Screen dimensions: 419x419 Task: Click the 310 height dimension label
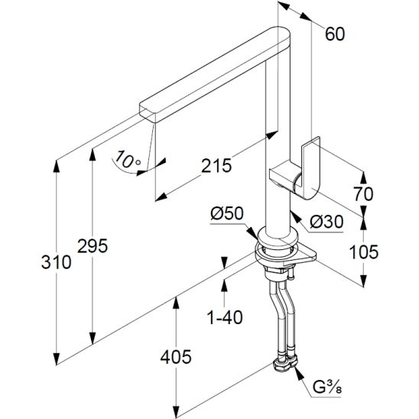(x=57, y=261)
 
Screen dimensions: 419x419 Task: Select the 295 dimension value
(x=93, y=246)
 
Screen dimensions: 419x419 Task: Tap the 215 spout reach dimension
(x=216, y=166)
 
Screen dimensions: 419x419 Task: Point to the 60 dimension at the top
(x=335, y=34)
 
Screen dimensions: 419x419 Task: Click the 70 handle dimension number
(x=363, y=193)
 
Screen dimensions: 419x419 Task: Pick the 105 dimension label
(x=364, y=252)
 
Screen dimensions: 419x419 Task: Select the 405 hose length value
(x=176, y=357)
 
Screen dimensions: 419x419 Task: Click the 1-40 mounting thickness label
(x=225, y=317)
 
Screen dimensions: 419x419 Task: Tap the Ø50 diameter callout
(x=227, y=213)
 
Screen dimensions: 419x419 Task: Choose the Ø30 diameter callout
(x=326, y=222)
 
